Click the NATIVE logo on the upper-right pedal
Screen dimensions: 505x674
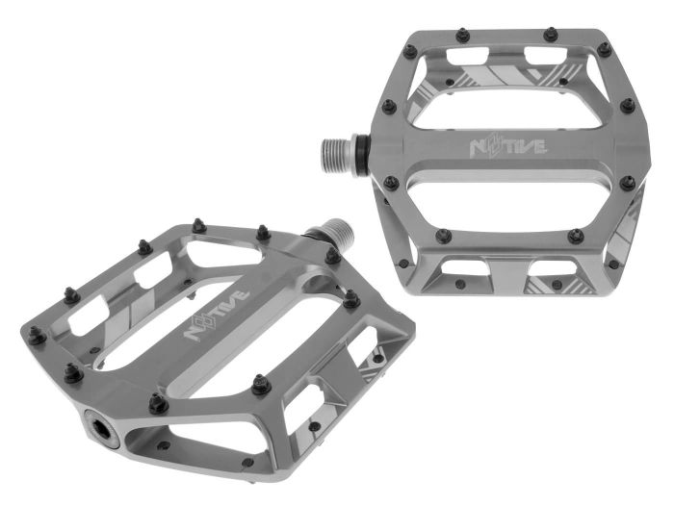coord(506,148)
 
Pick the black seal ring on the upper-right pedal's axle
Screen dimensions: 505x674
coord(360,150)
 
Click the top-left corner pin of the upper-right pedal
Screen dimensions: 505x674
coord(410,51)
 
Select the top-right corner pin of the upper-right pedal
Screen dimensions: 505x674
coord(604,47)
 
